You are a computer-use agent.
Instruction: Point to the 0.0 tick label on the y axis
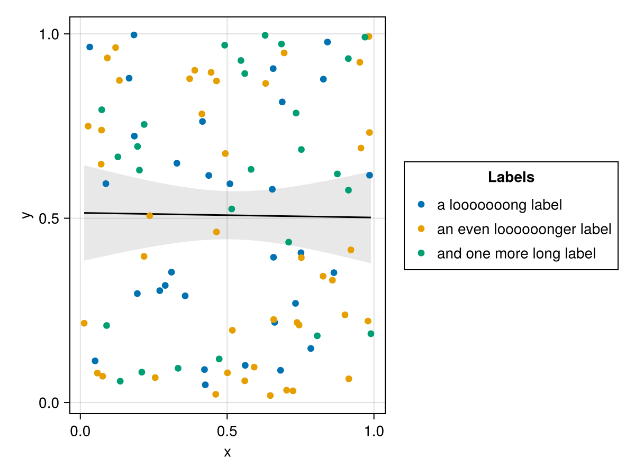(50, 403)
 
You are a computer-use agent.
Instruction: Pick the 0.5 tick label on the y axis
(50, 218)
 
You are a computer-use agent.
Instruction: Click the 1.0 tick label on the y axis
(50, 34)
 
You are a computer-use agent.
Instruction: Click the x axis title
(227, 452)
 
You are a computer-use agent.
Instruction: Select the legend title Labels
(511, 177)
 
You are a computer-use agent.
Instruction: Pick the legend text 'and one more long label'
(516, 253)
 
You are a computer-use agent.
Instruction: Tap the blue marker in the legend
(421, 204)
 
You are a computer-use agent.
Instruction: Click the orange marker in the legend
(421, 228)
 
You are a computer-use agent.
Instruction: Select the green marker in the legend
(421, 253)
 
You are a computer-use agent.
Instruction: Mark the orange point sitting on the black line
(150, 215)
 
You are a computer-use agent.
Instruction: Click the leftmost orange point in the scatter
(84, 323)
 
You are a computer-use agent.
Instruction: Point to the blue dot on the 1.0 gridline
(134, 35)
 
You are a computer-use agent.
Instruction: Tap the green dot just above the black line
(231, 209)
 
